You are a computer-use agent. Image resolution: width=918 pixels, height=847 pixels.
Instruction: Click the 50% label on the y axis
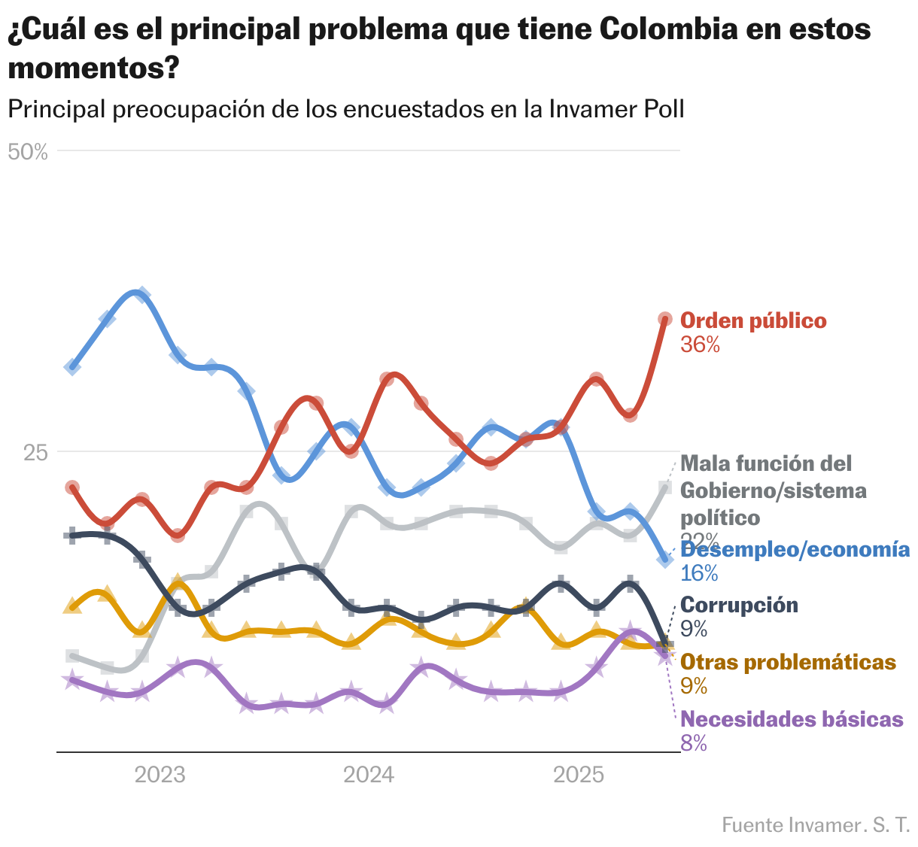[x=28, y=152]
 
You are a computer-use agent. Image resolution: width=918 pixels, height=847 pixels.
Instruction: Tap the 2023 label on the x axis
[x=160, y=775]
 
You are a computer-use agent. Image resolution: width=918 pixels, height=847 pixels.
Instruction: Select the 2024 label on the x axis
[x=369, y=775]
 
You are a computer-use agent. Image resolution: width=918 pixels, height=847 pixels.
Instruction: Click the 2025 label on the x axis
[x=578, y=775]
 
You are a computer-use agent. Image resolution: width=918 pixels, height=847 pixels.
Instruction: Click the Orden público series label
[x=753, y=321]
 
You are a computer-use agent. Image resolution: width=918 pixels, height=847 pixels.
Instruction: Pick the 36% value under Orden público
[x=700, y=345]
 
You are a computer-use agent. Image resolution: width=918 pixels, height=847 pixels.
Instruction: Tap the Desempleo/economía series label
[x=795, y=550]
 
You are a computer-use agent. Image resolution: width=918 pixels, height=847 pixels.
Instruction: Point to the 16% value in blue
[x=699, y=574]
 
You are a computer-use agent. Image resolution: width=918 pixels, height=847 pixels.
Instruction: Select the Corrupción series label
[x=739, y=605]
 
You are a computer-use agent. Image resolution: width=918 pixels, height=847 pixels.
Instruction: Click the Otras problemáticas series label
[x=788, y=663]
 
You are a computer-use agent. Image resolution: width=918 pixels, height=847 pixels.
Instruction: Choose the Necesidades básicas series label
[x=792, y=720]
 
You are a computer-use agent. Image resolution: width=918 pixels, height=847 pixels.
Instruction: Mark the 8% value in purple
[x=694, y=744]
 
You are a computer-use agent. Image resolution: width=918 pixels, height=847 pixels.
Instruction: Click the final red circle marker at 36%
[x=665, y=319]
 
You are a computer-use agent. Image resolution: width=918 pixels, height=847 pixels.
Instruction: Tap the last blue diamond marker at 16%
[x=664, y=559]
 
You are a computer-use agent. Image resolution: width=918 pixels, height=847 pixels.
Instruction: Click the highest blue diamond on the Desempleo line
[x=141, y=294]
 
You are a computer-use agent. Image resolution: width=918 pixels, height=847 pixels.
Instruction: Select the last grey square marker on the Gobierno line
[x=665, y=487]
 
